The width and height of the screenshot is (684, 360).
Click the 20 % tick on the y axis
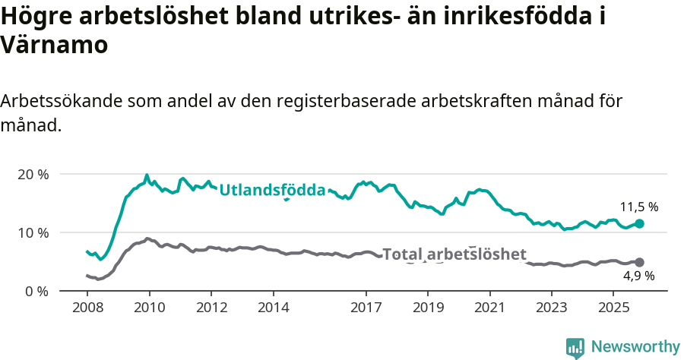point(32,174)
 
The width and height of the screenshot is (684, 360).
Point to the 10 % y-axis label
point(32,232)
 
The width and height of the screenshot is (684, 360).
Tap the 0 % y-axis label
point(36,291)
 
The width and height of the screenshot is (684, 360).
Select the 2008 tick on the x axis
point(87,308)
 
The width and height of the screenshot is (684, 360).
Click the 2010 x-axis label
point(149,308)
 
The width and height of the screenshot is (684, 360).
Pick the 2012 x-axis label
point(211,308)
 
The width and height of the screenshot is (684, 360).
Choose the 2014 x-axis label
point(273,308)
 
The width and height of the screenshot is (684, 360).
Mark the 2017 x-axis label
point(366,308)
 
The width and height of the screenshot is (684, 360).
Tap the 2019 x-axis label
point(427,308)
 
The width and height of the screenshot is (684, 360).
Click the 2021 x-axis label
point(489,308)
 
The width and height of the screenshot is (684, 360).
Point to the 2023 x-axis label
point(551,308)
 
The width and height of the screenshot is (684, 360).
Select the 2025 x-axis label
point(613,308)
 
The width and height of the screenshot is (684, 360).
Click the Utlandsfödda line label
point(272,191)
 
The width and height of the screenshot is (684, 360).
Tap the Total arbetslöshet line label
point(454,254)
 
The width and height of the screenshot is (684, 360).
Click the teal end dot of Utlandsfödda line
point(639,223)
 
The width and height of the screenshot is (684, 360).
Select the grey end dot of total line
point(639,262)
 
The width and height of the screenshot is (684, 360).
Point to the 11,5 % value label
point(638,207)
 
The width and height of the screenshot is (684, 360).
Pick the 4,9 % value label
point(638,276)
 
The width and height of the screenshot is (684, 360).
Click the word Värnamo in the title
point(54,45)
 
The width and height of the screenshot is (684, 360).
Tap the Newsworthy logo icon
point(575,347)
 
